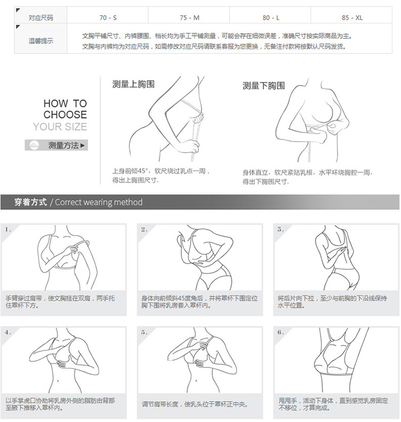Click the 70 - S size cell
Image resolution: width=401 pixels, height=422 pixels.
point(107,18)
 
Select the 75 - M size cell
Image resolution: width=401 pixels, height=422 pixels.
point(190,18)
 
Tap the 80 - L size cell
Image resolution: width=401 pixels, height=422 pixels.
point(271,18)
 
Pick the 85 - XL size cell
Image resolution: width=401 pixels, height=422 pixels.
point(352,18)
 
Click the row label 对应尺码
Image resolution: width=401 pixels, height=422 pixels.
point(41,18)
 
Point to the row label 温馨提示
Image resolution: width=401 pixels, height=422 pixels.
point(41,41)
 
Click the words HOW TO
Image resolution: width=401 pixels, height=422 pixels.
point(65,103)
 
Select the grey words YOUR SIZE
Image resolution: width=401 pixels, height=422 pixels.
point(60,127)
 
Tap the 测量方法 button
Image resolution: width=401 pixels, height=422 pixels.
point(56,145)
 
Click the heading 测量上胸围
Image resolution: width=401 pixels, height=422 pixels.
point(133,84)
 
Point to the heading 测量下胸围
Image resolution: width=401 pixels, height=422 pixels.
point(264,86)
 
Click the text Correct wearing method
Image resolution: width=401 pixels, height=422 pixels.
point(98,202)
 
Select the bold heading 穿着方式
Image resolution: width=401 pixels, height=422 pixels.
point(30,202)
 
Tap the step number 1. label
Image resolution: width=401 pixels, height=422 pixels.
point(8,230)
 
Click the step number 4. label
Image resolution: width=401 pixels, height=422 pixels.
point(8,333)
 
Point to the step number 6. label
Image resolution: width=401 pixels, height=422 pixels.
point(281,333)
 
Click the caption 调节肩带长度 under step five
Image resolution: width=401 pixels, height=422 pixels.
point(195,404)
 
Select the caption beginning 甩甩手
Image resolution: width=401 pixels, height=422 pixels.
point(333,404)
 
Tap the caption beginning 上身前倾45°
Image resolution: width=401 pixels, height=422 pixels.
point(161,175)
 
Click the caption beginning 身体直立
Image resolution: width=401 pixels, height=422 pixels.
point(307,177)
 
